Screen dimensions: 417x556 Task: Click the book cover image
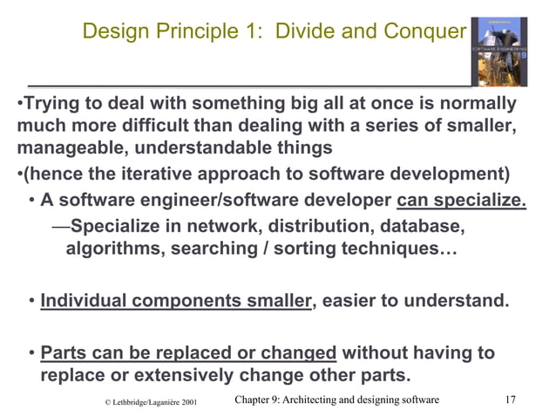(498, 51)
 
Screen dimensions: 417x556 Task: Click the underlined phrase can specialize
(462, 202)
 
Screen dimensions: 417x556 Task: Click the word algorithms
(105, 250)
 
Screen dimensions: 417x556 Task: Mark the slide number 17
(512, 400)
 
